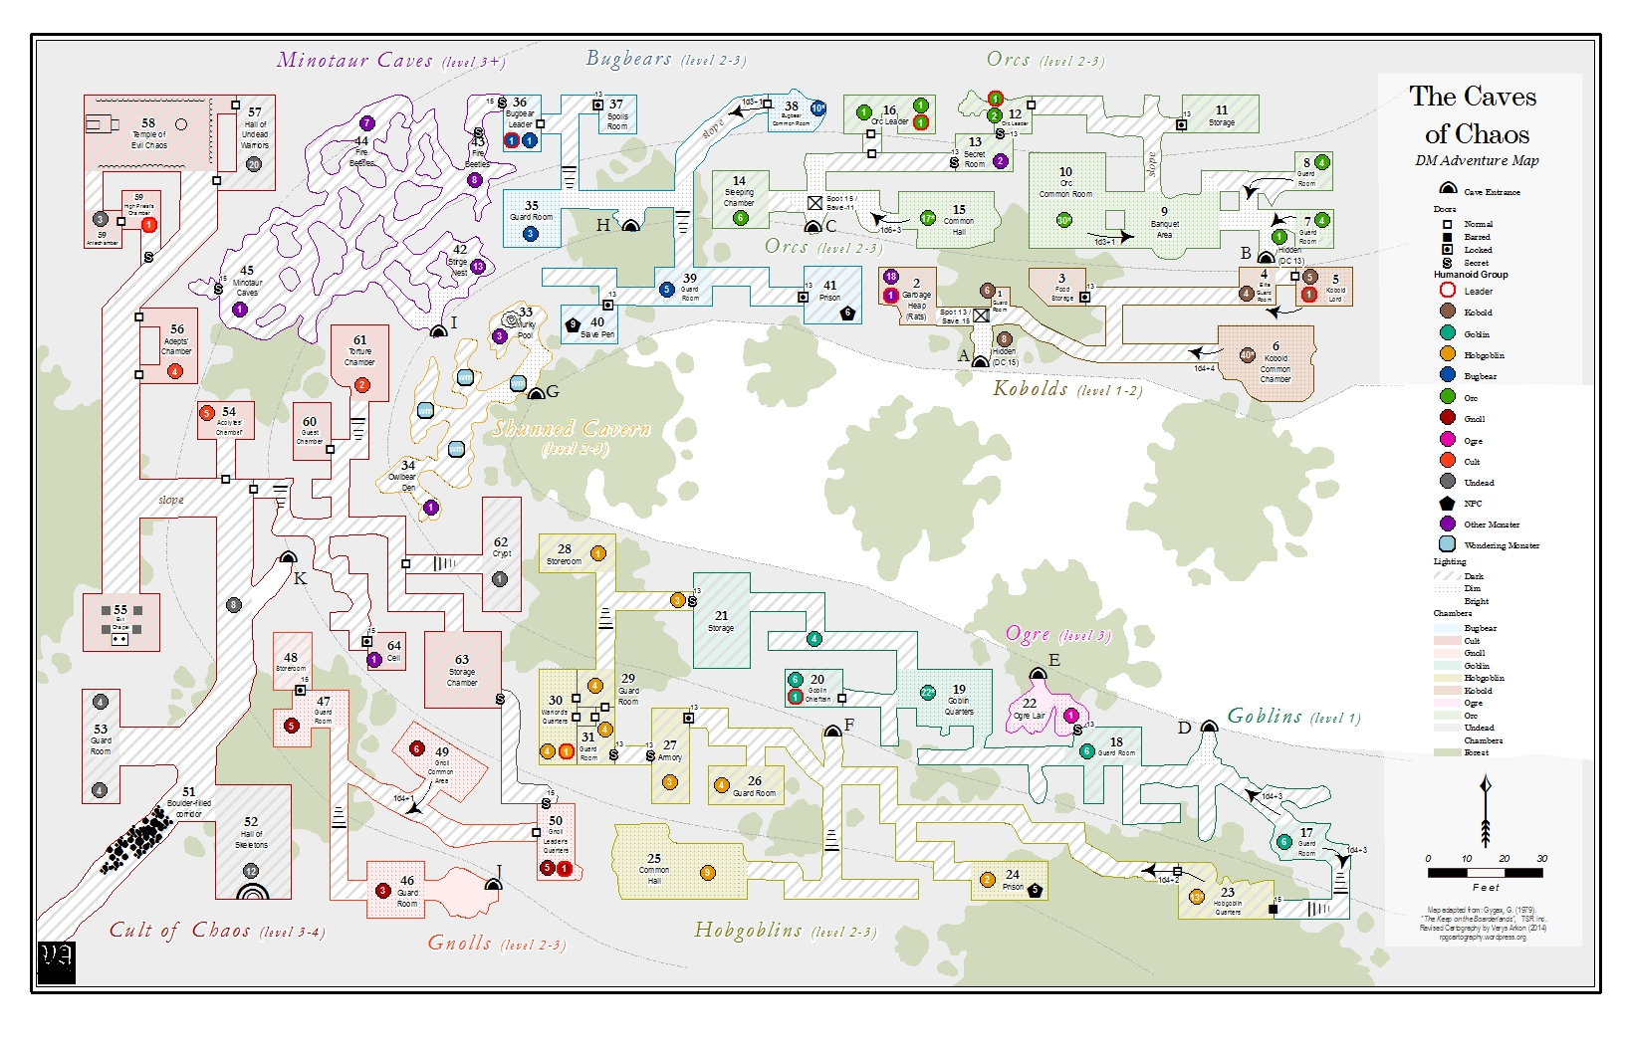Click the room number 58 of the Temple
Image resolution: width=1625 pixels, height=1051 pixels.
pos(148,122)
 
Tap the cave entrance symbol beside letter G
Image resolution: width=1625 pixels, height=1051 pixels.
pos(536,393)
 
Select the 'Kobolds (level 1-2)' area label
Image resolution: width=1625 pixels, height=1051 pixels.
pos(1066,388)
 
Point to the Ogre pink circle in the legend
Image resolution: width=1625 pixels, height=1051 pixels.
pos(1447,440)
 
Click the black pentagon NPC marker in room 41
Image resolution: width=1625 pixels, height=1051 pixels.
pos(847,313)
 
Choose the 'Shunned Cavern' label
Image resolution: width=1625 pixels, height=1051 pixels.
pos(572,430)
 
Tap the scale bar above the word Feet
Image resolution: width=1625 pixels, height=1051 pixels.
pos(1485,873)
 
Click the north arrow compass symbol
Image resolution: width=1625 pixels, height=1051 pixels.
pos(1485,812)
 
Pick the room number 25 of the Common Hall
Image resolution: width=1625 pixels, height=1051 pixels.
pos(654,858)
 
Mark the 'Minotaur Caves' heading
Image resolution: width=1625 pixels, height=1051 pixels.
pos(354,61)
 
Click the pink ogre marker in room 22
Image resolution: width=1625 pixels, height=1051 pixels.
pos(1071,716)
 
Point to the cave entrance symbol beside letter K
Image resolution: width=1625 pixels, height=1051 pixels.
pos(288,556)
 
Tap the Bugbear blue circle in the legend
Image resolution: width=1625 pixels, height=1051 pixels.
pos(1447,375)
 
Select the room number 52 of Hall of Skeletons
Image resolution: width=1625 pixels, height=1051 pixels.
pos(251,822)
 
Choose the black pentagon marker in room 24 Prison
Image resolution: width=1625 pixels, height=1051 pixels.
pos(1036,891)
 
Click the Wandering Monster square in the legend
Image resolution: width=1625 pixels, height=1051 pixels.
pos(1447,544)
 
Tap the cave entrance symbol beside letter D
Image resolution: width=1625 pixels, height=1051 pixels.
pos(1209,727)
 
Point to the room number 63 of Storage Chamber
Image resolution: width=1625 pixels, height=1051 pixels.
pos(462,659)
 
